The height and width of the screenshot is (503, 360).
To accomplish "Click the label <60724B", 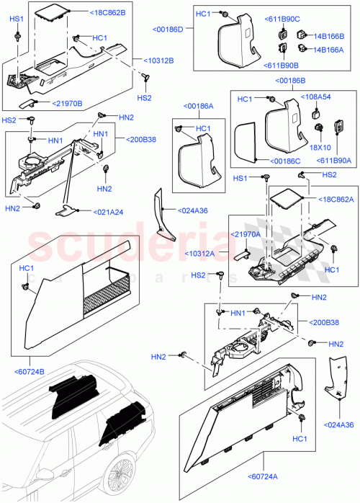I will pyautogui.click(x=30, y=372).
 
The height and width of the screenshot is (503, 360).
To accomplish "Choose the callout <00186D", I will pyautogui.click(x=168, y=29).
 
